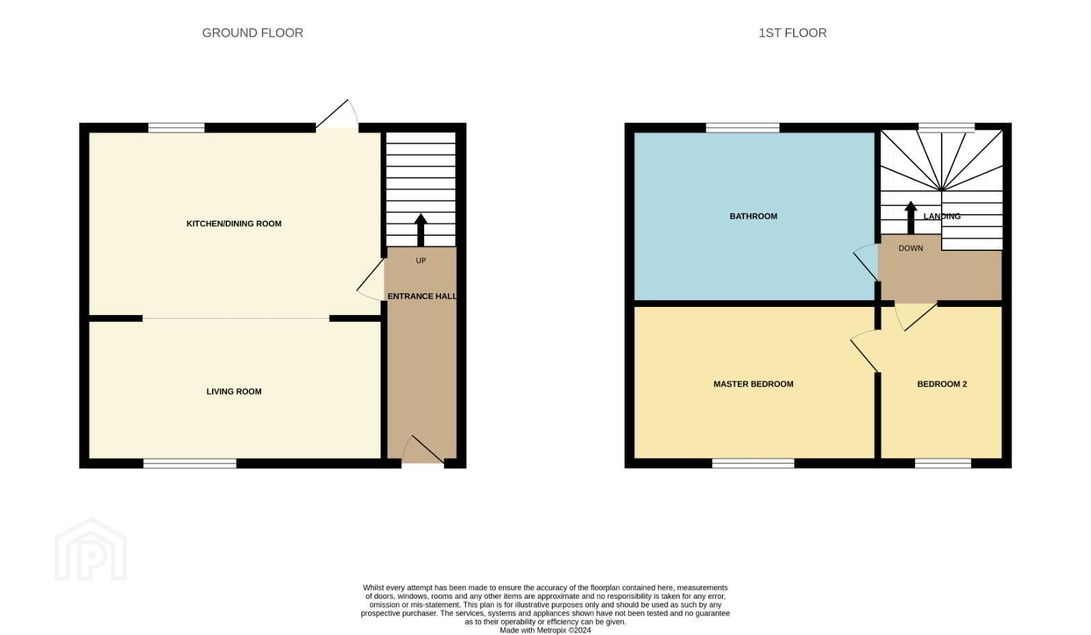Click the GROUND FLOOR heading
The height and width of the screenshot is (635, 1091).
(x=252, y=33)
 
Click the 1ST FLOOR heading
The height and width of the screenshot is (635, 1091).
(x=792, y=33)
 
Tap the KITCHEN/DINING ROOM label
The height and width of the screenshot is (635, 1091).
(x=234, y=224)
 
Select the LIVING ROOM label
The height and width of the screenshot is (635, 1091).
(x=234, y=392)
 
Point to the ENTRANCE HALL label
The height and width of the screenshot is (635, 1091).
(x=422, y=296)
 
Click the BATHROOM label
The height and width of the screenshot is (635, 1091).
(x=753, y=216)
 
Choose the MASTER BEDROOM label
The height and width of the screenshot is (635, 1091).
(x=753, y=384)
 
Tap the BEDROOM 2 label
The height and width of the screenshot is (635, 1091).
(x=942, y=384)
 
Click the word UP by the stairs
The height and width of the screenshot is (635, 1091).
(x=421, y=261)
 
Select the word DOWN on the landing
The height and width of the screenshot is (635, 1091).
(x=911, y=248)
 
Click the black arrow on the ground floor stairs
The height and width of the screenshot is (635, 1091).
(x=421, y=230)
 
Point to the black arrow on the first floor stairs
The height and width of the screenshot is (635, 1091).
(x=910, y=218)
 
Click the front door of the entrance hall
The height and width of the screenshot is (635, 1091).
(x=423, y=449)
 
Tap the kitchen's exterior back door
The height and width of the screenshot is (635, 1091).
(x=337, y=115)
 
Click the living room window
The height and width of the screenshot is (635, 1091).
(x=190, y=463)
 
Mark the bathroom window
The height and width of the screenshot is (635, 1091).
(x=743, y=128)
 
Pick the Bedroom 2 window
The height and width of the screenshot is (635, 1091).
(x=943, y=463)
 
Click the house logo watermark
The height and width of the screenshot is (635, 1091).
(x=91, y=549)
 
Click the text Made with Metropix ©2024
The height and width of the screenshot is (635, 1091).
(x=545, y=630)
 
